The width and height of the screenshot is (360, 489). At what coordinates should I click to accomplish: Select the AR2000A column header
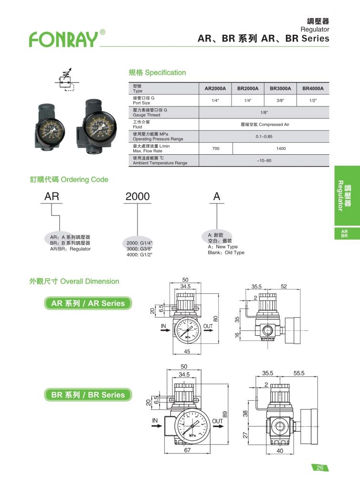215,88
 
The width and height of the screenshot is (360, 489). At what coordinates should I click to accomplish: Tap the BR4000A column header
313,88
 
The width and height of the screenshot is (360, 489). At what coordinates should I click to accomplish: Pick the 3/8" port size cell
280,101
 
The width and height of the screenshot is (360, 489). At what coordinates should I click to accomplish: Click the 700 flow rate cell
215,149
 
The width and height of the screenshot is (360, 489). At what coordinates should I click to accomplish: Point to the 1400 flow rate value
281,149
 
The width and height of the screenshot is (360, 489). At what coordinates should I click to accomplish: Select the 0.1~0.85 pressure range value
264,137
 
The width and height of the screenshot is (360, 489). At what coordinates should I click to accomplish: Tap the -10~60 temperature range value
264,160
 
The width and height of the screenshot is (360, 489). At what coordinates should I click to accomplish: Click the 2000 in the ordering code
138,196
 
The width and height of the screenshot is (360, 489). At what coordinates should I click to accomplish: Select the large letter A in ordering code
216,196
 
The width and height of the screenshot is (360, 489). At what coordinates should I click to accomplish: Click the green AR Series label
88,303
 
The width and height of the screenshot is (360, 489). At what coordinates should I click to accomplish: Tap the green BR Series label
88,395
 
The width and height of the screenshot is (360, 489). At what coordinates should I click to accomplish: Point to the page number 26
320,468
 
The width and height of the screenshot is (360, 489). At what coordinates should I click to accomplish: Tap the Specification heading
157,73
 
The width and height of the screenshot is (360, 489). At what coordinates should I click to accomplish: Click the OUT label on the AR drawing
208,327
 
